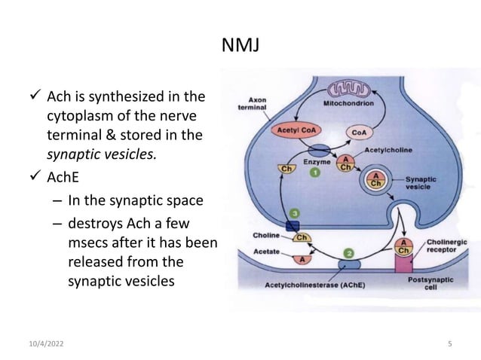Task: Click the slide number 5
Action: [x=449, y=344]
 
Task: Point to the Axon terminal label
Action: [x=258, y=102]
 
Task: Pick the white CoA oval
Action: [x=356, y=132]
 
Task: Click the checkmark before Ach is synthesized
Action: [x=29, y=98]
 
